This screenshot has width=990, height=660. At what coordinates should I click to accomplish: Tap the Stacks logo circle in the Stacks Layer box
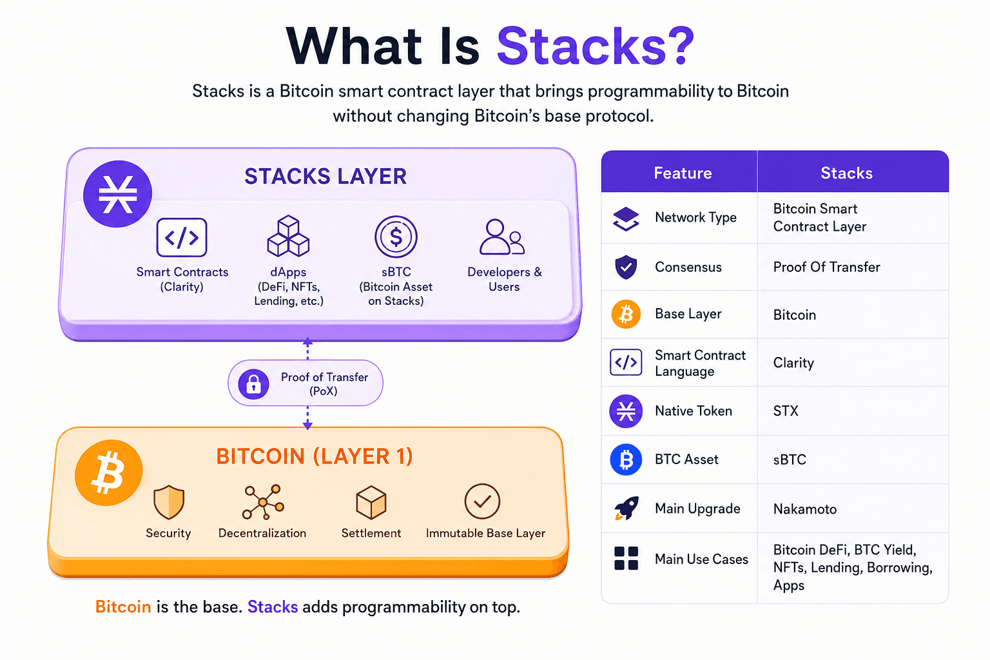(117, 194)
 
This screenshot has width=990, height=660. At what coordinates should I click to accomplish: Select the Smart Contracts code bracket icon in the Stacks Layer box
(182, 237)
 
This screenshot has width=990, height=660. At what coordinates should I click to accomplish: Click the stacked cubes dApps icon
(288, 236)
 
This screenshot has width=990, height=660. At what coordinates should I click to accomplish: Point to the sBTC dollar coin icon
(396, 237)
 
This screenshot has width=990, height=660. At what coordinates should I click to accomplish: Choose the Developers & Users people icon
(502, 237)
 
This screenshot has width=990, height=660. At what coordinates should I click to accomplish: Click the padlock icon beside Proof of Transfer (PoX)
(253, 383)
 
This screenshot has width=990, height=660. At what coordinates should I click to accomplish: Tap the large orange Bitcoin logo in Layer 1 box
(109, 472)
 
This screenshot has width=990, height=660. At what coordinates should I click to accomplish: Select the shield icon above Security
(169, 502)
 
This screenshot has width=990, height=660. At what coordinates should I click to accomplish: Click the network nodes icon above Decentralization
(263, 502)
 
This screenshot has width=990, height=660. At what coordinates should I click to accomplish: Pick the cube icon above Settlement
(371, 502)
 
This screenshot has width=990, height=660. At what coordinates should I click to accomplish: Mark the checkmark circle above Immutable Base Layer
(482, 501)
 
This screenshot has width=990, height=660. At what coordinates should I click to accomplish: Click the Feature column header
(683, 173)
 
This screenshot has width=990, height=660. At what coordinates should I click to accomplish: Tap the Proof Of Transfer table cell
(826, 267)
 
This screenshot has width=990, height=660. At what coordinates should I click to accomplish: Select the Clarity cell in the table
(793, 363)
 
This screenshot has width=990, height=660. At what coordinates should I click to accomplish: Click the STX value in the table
(786, 411)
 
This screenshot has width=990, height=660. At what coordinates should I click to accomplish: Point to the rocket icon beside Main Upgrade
(626, 509)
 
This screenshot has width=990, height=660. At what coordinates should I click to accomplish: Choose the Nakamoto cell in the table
(805, 509)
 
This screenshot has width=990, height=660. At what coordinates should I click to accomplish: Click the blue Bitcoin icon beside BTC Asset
(626, 460)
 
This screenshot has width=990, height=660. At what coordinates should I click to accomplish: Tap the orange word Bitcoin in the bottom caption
(123, 607)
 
